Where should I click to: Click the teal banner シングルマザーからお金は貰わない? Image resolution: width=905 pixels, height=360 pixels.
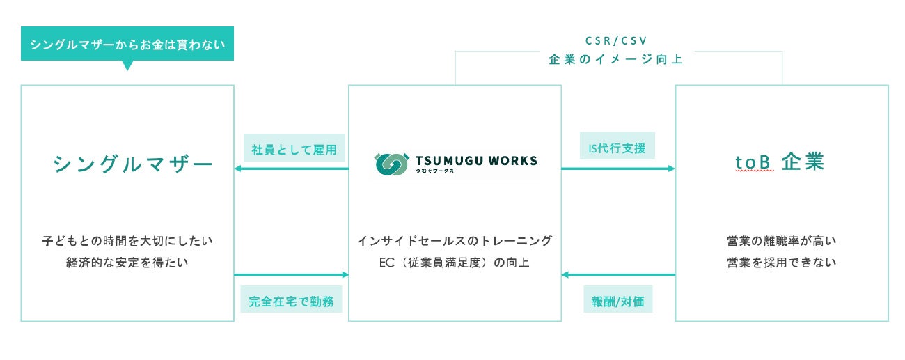pyautogui.click(x=127, y=45)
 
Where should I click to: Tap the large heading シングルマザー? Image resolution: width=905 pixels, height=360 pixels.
pyautogui.click(x=132, y=164)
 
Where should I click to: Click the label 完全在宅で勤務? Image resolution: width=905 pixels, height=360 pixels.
pyautogui.click(x=291, y=302)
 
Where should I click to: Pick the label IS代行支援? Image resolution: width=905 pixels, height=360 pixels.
pyautogui.click(x=617, y=149)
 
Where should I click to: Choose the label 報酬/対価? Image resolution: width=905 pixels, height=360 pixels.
pyautogui.click(x=617, y=302)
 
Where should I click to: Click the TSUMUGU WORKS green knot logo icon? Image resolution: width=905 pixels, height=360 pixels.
pyautogui.click(x=391, y=164)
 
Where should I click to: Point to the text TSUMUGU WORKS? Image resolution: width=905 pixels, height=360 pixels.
pyautogui.click(x=476, y=161)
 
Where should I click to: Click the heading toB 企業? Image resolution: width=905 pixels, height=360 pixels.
pyautogui.click(x=780, y=162)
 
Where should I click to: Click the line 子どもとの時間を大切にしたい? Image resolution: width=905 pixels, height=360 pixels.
pyautogui.click(x=127, y=241)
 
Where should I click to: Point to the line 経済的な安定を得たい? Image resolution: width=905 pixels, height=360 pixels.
pyautogui.click(x=127, y=263)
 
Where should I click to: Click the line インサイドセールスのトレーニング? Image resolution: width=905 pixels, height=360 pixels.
pyautogui.click(x=455, y=241)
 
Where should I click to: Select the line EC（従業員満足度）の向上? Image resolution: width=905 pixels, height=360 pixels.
pyautogui.click(x=455, y=263)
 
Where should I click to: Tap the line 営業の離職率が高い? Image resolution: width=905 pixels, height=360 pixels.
pyautogui.click(x=781, y=241)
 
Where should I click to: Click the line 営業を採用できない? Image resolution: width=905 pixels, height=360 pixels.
pyautogui.click(x=781, y=263)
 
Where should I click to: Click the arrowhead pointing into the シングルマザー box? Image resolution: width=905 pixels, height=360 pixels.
pyautogui.click(x=237, y=169)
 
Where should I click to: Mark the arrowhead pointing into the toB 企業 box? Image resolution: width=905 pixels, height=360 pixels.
pyautogui.click(x=672, y=169)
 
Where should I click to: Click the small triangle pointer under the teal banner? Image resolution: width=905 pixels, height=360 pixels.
pyautogui.click(x=127, y=66)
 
